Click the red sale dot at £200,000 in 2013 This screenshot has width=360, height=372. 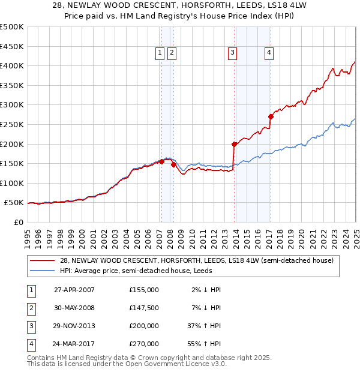click(x=235, y=144)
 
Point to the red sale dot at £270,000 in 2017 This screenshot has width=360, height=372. click(x=271, y=116)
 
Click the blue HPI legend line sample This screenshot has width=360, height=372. click(x=42, y=271)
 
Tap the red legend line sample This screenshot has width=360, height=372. click(x=42, y=260)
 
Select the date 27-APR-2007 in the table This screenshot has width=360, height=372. click(x=74, y=290)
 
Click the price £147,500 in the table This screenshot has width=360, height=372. click(x=144, y=308)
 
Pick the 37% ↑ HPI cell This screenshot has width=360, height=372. click(x=205, y=326)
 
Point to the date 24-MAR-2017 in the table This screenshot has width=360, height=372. click(x=74, y=344)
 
